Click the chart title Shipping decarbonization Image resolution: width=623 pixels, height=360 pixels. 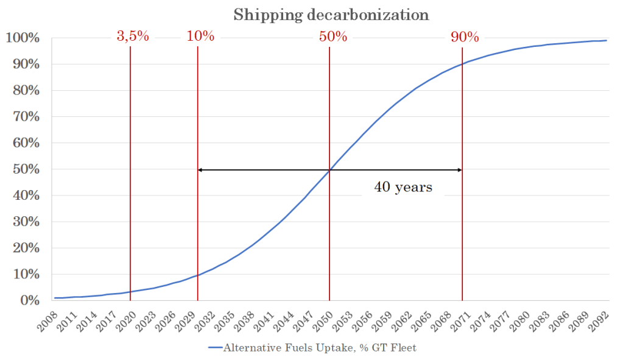click(331, 14)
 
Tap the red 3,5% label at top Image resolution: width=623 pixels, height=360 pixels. click(133, 36)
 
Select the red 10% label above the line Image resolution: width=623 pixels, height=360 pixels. click(200, 36)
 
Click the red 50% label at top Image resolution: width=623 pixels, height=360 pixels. click(333, 36)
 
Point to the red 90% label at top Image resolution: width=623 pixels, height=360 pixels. click(465, 36)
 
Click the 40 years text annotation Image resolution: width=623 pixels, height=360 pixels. click(403, 187)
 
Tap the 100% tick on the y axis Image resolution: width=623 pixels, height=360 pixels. click(23, 38)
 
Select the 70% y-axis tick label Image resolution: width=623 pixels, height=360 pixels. click(25, 117)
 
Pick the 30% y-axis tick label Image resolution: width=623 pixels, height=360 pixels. click(25, 222)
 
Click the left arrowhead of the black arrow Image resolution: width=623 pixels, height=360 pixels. click(200, 170)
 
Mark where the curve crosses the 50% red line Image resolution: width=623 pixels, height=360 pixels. click(329, 170)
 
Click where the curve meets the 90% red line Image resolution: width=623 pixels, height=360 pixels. click(462, 64)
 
